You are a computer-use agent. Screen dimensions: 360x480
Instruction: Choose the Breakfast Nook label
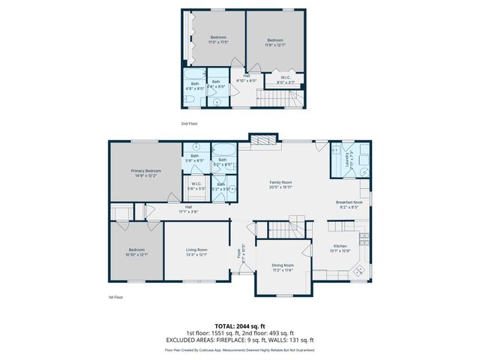(x=349, y=203)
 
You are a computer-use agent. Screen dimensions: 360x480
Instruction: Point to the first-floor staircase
(x=300, y=223)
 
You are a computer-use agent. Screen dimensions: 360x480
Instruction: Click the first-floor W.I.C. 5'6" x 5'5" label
(x=196, y=186)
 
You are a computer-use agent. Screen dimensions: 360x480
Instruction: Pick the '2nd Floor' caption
(x=189, y=123)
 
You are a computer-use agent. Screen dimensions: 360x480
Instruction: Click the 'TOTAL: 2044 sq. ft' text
(x=239, y=326)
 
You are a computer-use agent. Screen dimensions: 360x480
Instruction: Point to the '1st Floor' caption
(x=115, y=298)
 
